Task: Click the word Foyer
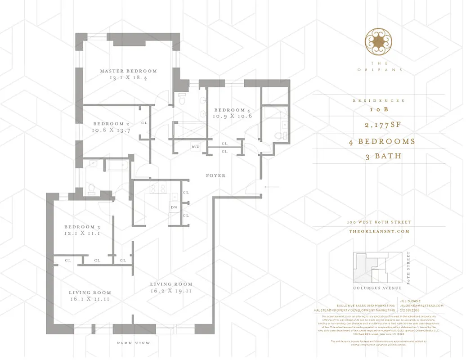(216, 175)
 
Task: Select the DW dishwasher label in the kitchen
(174, 207)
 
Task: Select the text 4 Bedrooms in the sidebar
(381, 141)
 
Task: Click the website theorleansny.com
(379, 231)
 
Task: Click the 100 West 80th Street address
(379, 222)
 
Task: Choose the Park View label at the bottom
(134, 343)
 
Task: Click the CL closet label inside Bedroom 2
(144, 123)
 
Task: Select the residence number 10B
(378, 110)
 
